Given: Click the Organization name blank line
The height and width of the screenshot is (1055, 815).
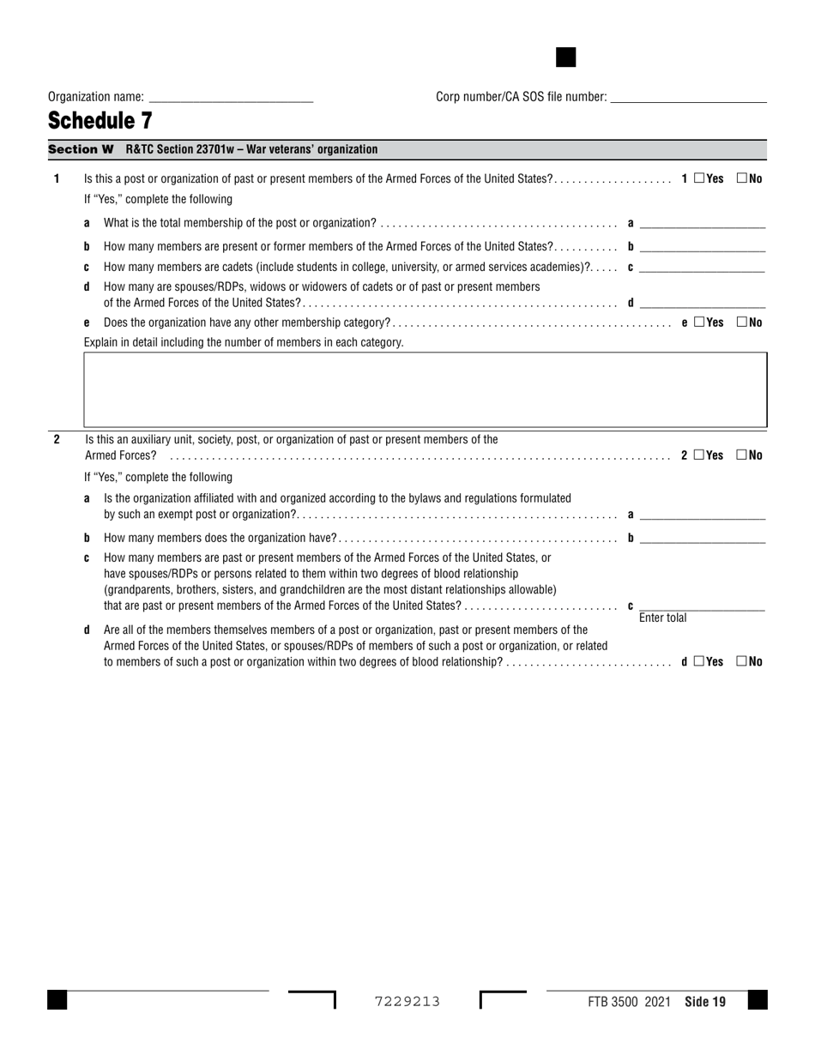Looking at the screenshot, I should click(x=231, y=98).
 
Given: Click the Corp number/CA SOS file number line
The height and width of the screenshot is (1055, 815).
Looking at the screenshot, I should click(x=687, y=98).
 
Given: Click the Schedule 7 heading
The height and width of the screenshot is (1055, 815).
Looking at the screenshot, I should click(x=100, y=121).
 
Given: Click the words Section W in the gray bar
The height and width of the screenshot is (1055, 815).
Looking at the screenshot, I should click(x=81, y=149).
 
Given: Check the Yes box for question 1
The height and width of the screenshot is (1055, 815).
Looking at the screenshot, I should click(x=699, y=179).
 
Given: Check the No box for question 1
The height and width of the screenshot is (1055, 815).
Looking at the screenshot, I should click(x=742, y=179).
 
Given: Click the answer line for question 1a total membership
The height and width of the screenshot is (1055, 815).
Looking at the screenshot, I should click(x=702, y=223).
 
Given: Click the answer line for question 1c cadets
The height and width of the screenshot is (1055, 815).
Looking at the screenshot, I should click(x=702, y=267).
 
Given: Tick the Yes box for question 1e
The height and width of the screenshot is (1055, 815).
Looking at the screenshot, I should click(x=699, y=323).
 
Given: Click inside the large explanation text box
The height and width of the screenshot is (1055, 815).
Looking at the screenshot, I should click(x=425, y=389).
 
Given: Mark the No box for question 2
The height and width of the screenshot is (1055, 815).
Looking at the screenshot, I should click(x=742, y=455).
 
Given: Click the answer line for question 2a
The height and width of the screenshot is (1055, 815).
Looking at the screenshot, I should click(x=702, y=515).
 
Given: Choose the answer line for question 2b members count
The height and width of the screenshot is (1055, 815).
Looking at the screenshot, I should click(x=702, y=538).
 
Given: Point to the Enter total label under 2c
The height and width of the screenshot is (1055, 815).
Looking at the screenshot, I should click(x=662, y=618).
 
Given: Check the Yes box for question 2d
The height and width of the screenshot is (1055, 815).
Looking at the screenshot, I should click(x=699, y=661).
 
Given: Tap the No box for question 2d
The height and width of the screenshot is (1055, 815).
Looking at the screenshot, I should click(x=742, y=661).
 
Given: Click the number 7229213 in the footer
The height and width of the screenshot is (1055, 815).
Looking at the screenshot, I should click(x=407, y=1001).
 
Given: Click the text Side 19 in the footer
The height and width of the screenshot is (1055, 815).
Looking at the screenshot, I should click(x=705, y=1001).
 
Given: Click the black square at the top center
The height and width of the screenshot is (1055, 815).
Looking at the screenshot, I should click(x=566, y=57).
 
